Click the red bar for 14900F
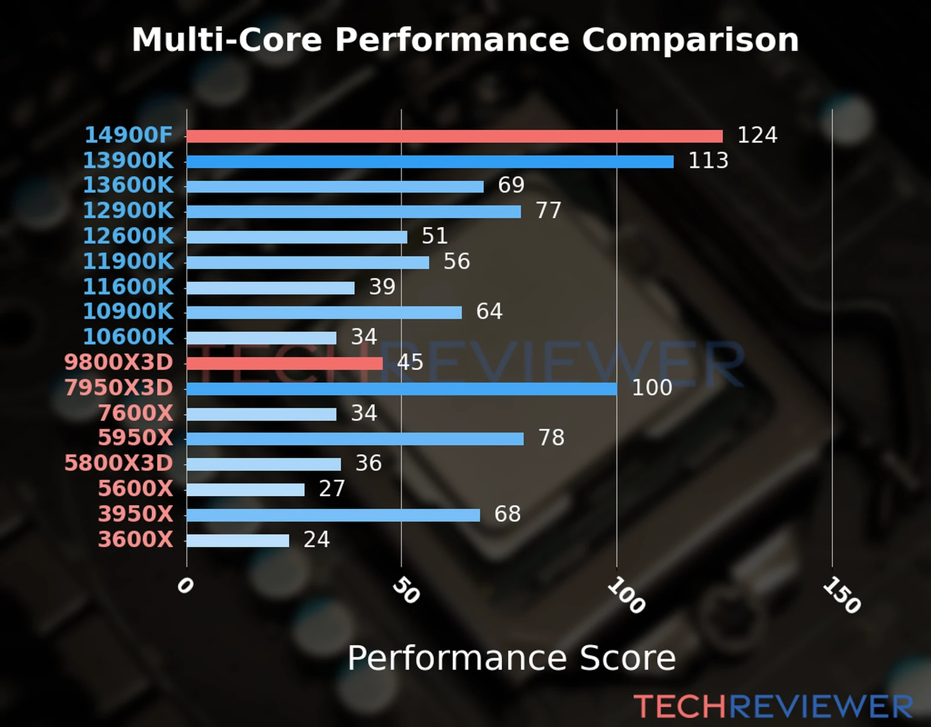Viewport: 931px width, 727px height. coord(455,136)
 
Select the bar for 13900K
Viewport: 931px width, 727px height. coord(430,162)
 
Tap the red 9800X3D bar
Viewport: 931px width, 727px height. coord(284,363)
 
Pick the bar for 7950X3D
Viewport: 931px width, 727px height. coord(401,389)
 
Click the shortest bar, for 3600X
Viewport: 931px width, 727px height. coord(238,540)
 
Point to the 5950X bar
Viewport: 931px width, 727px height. coord(355,439)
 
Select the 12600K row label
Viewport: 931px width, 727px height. coord(128,236)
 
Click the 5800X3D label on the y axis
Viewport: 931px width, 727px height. coord(119,463)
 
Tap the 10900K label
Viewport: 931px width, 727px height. coord(128,312)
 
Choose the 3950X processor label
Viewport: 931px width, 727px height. coord(136,514)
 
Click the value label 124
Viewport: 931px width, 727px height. coord(757,135)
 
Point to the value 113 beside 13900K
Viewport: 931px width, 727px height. coord(708,161)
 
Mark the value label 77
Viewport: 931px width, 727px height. coord(549,211)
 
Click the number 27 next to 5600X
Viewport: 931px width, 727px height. coord(332,489)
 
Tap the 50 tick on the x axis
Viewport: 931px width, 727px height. coord(405,591)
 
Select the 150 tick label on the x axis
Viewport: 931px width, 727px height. coord(841,596)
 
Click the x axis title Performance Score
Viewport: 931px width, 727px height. coord(511,658)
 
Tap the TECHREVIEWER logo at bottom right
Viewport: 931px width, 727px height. coord(773,707)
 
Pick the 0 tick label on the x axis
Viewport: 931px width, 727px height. coord(185,586)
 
